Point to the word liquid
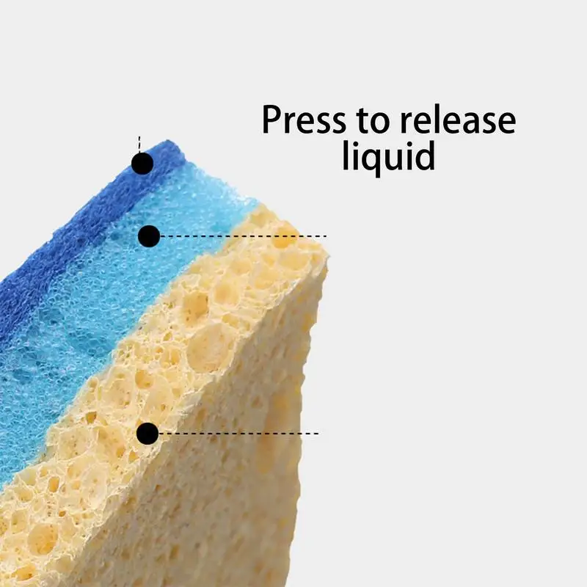(388, 156)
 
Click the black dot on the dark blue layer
(142, 164)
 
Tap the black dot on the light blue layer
(149, 236)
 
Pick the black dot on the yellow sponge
(147, 433)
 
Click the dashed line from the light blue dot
(242, 236)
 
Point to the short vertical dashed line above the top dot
(139, 145)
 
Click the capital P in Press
(273, 120)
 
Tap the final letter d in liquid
(424, 155)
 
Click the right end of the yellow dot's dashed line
(318, 433)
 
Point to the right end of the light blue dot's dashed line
(326, 236)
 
